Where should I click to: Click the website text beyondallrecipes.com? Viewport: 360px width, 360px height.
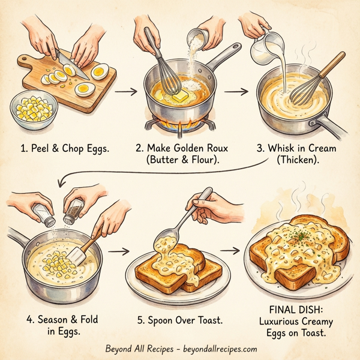pos(216,349)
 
